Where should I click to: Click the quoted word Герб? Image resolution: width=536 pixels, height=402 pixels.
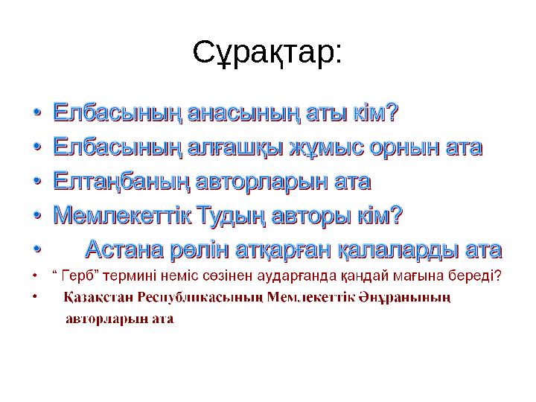pyautogui.click(x=76, y=276)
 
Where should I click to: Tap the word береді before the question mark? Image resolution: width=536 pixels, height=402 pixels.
pyautogui.click(x=471, y=276)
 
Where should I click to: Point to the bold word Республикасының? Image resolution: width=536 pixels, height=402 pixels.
pyautogui.click(x=199, y=299)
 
